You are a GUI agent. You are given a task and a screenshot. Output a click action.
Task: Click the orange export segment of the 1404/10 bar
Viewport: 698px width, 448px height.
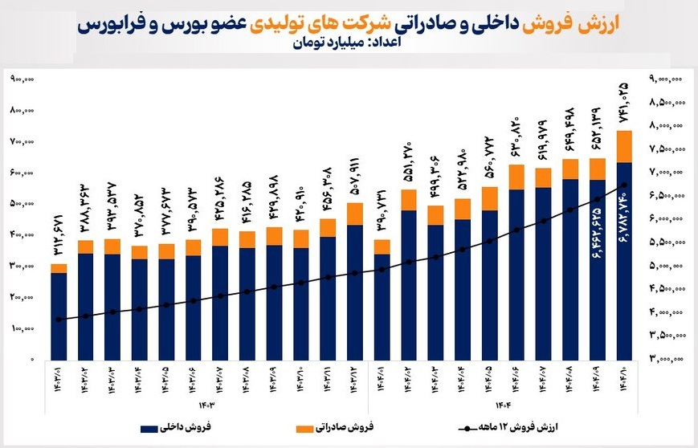pyautogui.click(x=625, y=146)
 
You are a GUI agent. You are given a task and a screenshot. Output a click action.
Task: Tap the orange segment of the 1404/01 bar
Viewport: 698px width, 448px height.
pyautogui.click(x=382, y=246)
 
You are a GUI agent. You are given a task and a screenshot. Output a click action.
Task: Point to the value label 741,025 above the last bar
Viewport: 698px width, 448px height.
pyautogui.click(x=624, y=103)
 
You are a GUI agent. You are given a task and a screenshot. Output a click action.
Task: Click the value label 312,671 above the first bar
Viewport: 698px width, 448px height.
pyautogui.click(x=59, y=236)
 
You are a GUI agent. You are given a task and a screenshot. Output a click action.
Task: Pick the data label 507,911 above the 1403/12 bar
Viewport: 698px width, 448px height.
pyautogui.click(x=355, y=176)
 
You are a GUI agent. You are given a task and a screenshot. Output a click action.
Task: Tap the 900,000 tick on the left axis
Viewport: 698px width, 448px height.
pyautogui.click(x=22, y=79)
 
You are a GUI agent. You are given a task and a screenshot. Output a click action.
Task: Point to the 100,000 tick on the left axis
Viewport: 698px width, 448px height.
pyautogui.click(x=22, y=328)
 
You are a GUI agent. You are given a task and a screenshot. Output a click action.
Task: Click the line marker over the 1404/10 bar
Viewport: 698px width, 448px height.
pyautogui.click(x=625, y=185)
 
